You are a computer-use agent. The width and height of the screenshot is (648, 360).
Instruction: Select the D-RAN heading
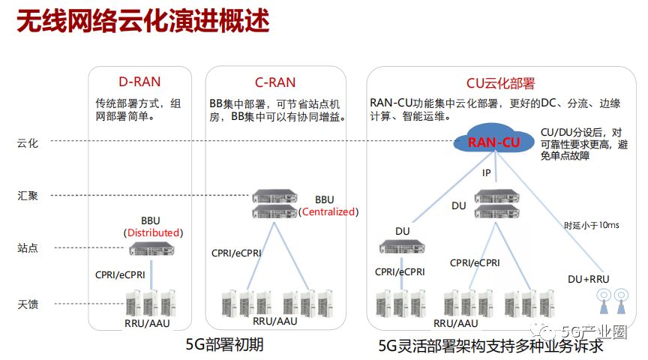coord(139,82)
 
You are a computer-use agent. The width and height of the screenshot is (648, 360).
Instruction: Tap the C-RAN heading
coord(275,82)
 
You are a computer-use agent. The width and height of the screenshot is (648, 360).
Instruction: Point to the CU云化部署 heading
coord(500,82)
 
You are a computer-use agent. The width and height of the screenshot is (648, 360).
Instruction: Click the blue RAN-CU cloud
coord(494,142)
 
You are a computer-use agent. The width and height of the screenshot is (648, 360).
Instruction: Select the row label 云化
coord(28,142)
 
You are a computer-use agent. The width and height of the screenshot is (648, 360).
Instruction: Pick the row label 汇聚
coord(28,196)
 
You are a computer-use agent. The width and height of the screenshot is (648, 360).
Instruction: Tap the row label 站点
coord(28,247)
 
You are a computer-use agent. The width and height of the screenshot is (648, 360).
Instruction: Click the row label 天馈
coord(28,304)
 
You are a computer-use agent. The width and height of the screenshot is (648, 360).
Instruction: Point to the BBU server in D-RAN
coord(151,249)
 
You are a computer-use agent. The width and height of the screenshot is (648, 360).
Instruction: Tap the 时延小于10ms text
coord(592,224)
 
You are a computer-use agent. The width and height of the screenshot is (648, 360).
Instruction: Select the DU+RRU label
coord(588,279)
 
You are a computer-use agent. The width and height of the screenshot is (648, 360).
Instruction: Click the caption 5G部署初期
coord(225,345)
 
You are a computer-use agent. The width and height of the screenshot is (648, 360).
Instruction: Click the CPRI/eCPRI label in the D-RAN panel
coord(120,274)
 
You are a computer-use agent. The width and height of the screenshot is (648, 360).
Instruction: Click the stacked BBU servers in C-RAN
coord(274,205)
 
